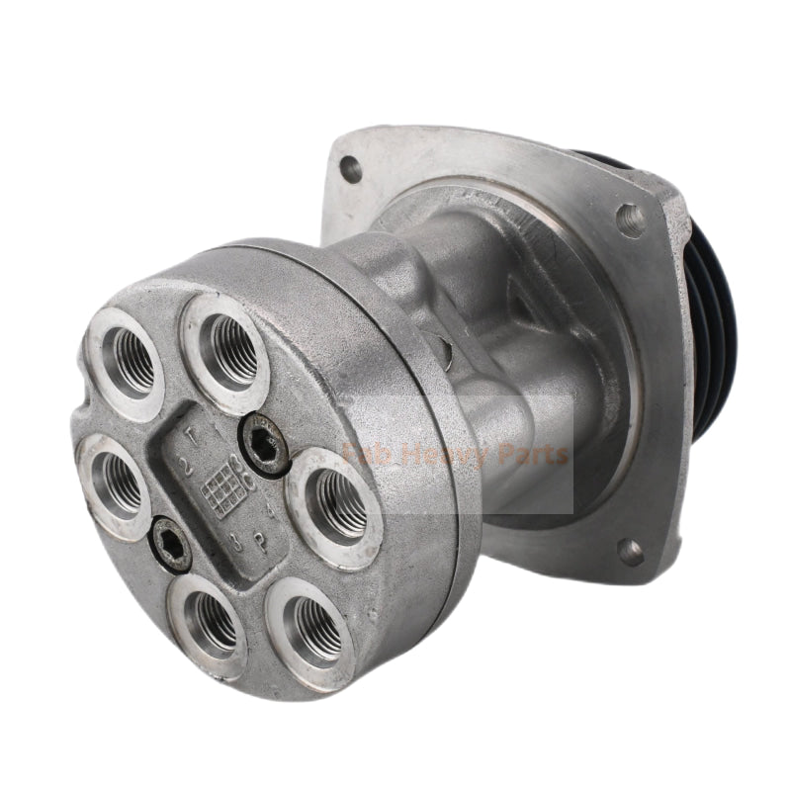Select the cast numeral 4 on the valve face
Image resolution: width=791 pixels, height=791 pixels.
pyautogui.click(x=273, y=512)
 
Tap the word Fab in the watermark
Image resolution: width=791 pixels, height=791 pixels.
pyautogui.click(x=361, y=456)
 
